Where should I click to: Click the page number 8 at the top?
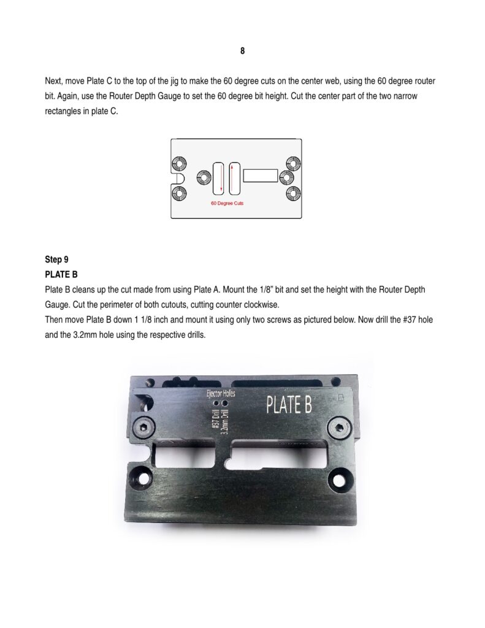coord(242,51)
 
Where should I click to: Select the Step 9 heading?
coord(57,259)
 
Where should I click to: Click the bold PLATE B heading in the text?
coord(61,274)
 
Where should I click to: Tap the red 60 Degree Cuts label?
coord(227,202)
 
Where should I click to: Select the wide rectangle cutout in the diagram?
coord(260,176)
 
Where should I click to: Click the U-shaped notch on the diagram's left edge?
coord(175,178)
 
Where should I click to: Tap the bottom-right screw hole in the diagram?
coord(293,193)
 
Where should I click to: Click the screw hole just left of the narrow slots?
coord(203,178)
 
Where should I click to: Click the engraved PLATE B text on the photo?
coord(289,405)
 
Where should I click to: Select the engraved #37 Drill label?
coord(215,421)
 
